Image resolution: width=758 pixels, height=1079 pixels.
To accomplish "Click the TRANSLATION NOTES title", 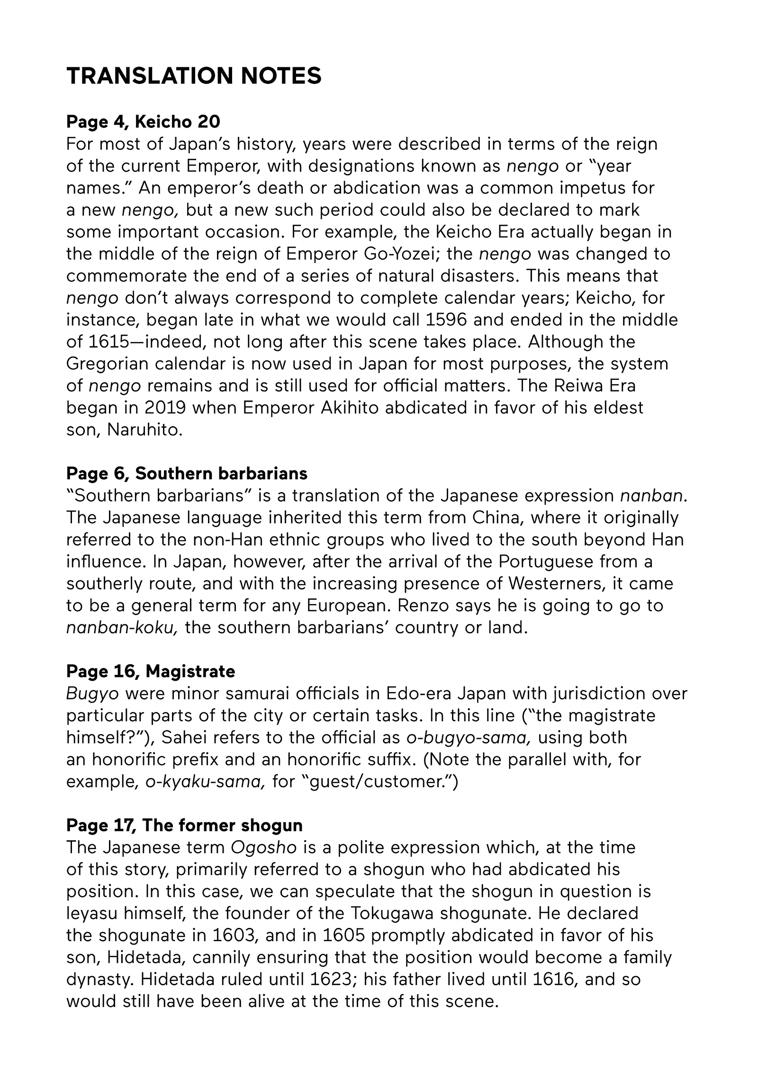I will (x=194, y=76).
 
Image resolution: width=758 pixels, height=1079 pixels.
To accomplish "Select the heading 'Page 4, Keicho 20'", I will (x=143, y=122).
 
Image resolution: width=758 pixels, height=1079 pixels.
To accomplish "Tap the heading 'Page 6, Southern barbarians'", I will (x=187, y=473).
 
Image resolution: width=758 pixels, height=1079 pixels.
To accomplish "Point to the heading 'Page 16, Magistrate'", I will (x=151, y=671).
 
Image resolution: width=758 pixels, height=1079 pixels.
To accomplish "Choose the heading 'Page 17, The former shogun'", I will (x=184, y=825).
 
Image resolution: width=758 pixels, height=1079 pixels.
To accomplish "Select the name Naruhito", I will (x=144, y=430).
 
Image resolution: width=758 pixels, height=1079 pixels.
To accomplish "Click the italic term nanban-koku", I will (x=122, y=628).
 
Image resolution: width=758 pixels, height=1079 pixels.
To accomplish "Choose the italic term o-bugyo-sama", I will (x=469, y=737).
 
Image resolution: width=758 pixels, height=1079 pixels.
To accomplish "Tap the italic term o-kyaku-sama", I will (x=205, y=781).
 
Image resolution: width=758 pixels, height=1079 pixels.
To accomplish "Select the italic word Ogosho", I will (x=263, y=847).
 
